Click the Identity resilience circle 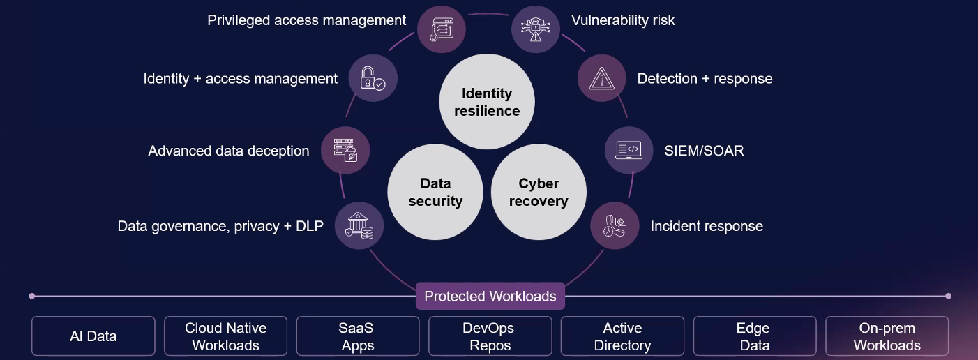point(487,102)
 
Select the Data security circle point(435,192)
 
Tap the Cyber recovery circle point(539,192)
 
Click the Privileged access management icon point(441,28)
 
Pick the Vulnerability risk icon point(536,29)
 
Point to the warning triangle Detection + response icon point(602,79)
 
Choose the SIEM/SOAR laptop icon point(629,150)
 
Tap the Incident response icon point(615,225)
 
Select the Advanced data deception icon point(345,150)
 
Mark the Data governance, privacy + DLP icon point(359,226)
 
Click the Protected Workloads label point(490,296)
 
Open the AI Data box point(93,336)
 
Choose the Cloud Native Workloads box point(226,336)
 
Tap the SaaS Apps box point(358,336)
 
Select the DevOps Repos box point(490,336)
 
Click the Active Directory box point(622,336)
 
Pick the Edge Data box point(755,336)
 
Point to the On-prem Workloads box point(887,336)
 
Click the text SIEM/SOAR point(704,150)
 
